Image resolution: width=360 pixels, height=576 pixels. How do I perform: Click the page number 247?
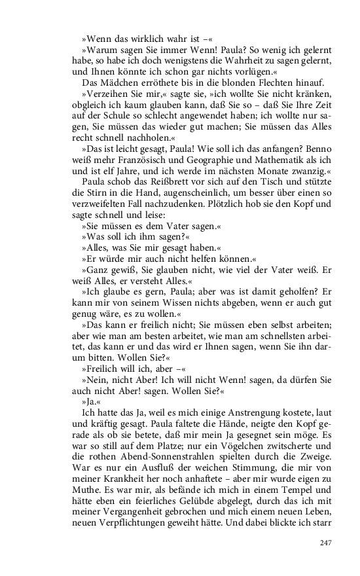point(327,542)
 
